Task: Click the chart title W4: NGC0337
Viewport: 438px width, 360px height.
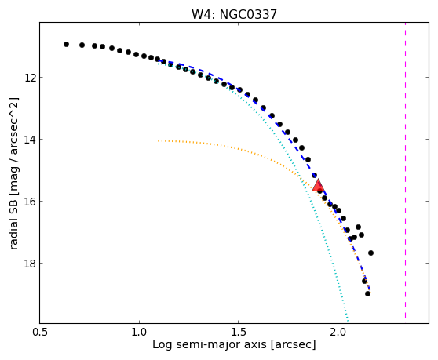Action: (234, 14)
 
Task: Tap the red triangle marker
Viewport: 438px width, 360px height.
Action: (318, 186)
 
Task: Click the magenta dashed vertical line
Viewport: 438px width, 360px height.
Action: (405, 170)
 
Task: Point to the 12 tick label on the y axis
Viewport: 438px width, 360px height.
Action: (30, 78)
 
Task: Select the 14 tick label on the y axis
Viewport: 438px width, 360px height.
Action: (30, 140)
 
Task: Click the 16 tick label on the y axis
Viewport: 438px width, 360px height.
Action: (30, 202)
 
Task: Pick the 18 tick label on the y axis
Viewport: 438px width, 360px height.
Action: (30, 264)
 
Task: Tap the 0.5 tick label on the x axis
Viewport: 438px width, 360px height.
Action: (40, 333)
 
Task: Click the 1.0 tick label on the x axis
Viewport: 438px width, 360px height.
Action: (139, 333)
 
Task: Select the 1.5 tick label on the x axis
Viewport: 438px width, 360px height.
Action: (239, 333)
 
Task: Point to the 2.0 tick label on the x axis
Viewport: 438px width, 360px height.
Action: (338, 333)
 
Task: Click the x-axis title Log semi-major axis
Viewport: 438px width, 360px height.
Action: (210, 345)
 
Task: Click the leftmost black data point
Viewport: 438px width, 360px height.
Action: (66, 45)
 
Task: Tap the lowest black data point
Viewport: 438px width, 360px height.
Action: (367, 293)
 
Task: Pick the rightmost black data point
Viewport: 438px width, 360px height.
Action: (370, 253)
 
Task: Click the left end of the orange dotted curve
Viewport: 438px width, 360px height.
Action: (158, 140)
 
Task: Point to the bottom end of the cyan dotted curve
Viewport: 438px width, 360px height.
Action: (348, 321)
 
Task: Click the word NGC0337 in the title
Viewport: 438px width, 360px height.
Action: (248, 14)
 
